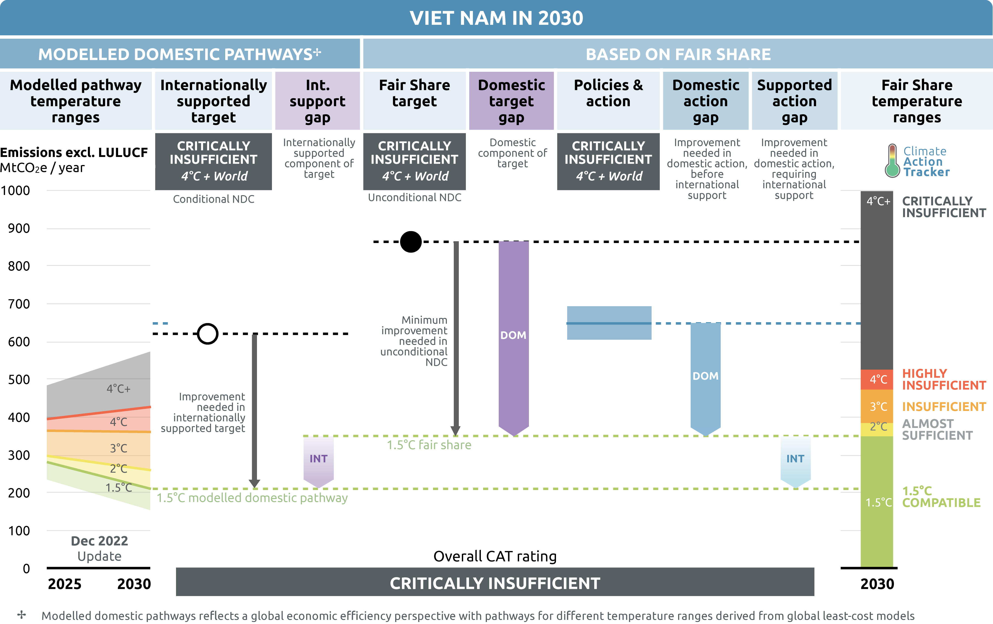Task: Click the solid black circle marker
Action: (411, 241)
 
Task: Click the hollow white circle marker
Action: (207, 333)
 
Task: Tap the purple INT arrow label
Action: (318, 459)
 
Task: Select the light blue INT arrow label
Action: (795, 459)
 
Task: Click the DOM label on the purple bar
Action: (513, 335)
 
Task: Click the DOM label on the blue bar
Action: (706, 376)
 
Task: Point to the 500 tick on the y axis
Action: (19, 380)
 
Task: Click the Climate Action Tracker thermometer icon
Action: (892, 161)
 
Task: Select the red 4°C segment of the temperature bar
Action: (877, 379)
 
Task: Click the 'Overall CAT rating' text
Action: (495, 556)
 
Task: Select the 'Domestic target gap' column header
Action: (511, 101)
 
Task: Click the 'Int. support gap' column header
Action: (318, 101)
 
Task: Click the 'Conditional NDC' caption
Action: (214, 199)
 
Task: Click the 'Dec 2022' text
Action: (99, 541)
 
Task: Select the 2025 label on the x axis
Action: (65, 584)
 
